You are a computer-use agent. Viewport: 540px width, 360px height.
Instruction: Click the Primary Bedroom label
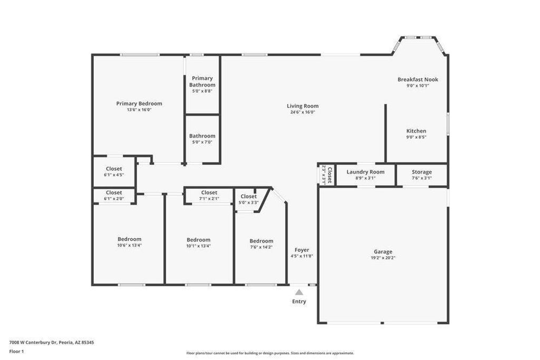coord(139,104)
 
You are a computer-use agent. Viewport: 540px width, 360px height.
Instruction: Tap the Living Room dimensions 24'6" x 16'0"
coord(303,112)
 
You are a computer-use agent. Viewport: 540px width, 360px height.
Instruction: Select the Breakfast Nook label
coord(418,80)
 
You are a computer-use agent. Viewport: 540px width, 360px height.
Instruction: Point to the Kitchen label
coord(416,131)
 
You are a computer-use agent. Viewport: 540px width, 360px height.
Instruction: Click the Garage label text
coord(383,252)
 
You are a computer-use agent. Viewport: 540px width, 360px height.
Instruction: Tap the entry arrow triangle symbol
coord(299,291)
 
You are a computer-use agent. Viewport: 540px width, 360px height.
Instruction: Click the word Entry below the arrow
coord(299,301)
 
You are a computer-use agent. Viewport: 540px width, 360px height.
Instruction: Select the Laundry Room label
coord(365,172)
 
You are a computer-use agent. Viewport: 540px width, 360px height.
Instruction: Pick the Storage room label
coord(421,172)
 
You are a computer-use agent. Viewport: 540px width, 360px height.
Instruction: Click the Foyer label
coord(302,250)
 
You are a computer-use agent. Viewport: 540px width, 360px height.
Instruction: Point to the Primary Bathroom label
coord(202,82)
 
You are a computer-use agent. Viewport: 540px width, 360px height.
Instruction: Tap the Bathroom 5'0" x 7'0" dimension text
coord(202,142)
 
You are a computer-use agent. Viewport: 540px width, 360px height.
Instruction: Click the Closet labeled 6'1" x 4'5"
coord(114,169)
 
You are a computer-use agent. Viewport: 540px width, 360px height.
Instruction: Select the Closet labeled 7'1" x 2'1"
coord(209,193)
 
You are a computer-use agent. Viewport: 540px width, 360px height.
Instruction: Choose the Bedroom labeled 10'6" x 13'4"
coord(129,239)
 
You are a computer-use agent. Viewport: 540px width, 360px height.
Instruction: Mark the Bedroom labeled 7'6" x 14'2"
coord(261,241)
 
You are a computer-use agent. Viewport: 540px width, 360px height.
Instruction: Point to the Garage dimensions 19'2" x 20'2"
coord(383,258)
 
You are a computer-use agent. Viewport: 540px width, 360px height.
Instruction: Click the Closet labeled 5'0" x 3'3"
coord(248,197)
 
